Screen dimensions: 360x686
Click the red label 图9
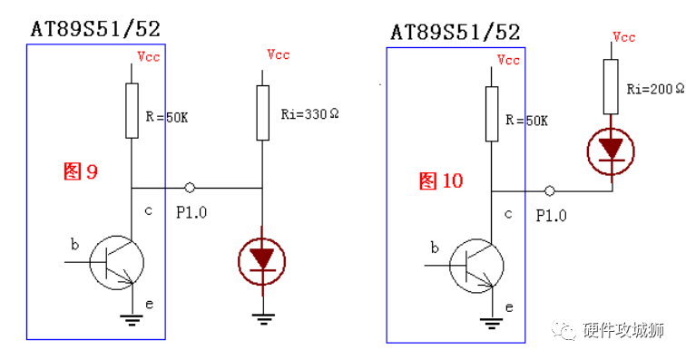click(x=80, y=171)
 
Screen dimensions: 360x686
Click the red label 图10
click(x=441, y=181)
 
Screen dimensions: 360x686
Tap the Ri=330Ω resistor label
click(x=309, y=114)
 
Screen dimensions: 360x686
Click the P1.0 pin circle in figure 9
click(x=190, y=188)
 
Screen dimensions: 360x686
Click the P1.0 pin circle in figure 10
click(x=550, y=191)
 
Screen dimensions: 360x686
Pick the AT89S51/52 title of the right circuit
click(x=456, y=33)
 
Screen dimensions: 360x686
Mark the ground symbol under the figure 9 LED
click(x=262, y=316)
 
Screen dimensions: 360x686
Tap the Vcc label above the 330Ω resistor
click(x=278, y=55)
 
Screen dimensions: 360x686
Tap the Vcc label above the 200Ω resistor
click(x=624, y=37)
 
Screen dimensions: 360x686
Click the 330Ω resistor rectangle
click(x=262, y=112)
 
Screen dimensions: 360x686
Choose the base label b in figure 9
click(x=74, y=244)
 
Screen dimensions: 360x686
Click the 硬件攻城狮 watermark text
click(x=624, y=331)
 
